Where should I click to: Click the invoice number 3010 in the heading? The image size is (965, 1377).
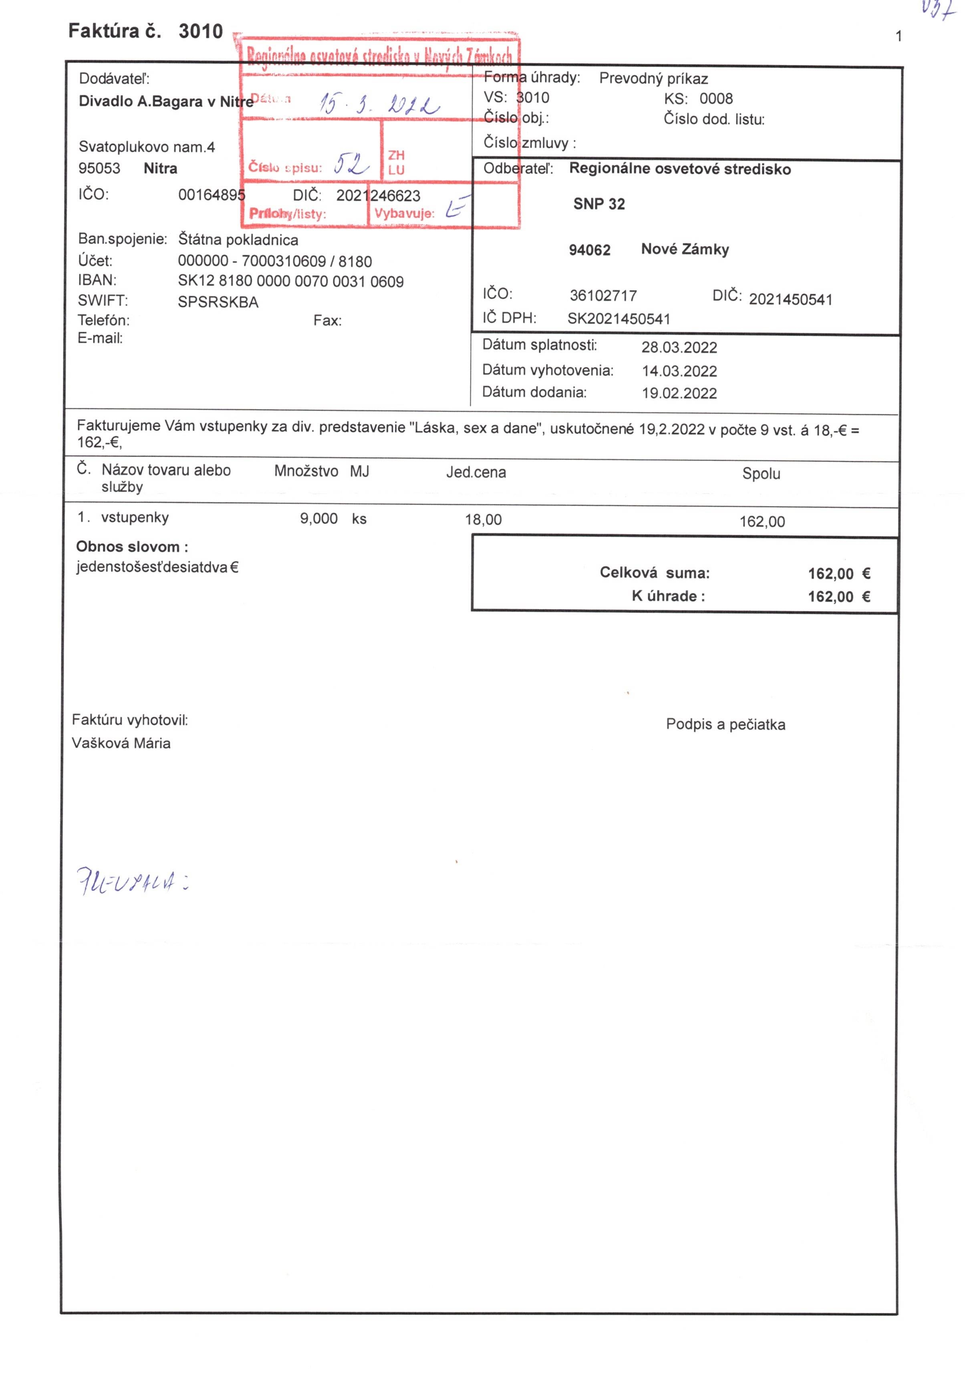[200, 31]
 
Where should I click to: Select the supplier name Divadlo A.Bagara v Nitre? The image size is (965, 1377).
[165, 101]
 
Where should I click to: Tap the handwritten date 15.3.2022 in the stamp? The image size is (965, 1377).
[379, 104]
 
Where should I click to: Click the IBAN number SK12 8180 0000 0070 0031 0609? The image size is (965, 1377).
[290, 281]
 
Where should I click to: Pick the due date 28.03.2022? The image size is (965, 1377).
[679, 347]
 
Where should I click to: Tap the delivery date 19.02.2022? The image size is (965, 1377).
[679, 393]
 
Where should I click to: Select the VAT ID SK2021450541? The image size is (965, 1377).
[618, 319]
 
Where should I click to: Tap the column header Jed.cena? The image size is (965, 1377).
[475, 473]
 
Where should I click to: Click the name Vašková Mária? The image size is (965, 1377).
[121, 743]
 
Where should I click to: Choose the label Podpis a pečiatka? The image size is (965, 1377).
[725, 724]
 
